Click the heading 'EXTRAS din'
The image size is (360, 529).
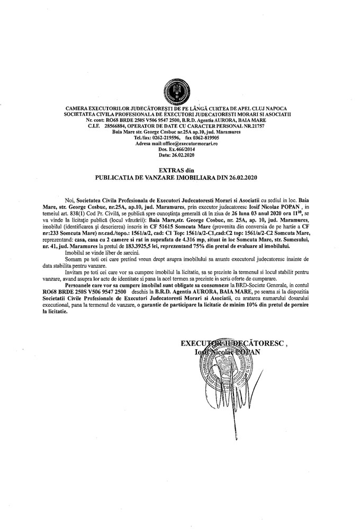(x=180, y=169)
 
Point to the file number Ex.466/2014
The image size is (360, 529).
(x=185, y=150)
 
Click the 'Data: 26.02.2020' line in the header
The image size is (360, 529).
(x=180, y=156)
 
